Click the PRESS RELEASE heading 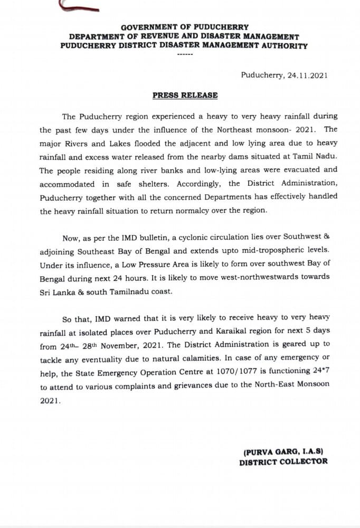tap(185, 96)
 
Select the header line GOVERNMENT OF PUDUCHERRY tap(185, 27)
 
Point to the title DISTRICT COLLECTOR tap(283, 461)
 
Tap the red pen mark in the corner tap(79, 7)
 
